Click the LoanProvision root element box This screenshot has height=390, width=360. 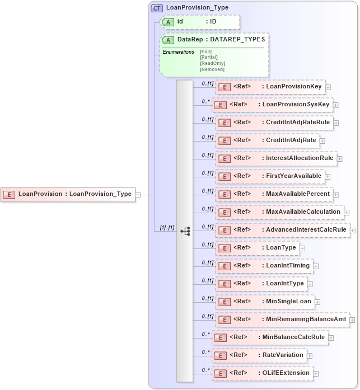(68, 194)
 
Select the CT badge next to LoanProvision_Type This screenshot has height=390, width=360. (157, 8)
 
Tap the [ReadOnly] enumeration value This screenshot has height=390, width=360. (212, 63)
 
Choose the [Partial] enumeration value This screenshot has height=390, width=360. (209, 57)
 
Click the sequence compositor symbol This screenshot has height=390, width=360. (185, 231)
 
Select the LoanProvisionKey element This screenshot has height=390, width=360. (270, 87)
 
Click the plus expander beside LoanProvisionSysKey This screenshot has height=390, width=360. (336, 105)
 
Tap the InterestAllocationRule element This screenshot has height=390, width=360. (276, 158)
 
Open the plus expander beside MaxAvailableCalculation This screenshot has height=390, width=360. (347, 213)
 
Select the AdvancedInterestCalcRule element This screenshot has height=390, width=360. (282, 230)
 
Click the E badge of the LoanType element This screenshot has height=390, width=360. (224, 248)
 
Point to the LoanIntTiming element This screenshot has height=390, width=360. (264, 266)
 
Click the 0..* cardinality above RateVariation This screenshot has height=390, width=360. (206, 352)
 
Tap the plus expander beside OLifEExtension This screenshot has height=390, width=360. (315, 373)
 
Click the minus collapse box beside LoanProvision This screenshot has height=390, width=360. (138, 195)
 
